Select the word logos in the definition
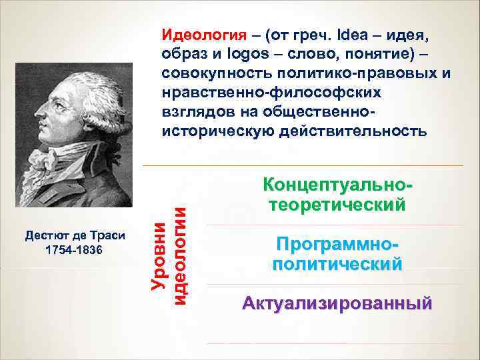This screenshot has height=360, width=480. [x=239, y=53]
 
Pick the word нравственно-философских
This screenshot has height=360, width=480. [x=263, y=91]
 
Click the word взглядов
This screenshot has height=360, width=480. [x=193, y=110]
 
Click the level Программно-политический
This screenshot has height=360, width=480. [x=337, y=254]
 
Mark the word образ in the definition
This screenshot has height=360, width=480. [x=181, y=53]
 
